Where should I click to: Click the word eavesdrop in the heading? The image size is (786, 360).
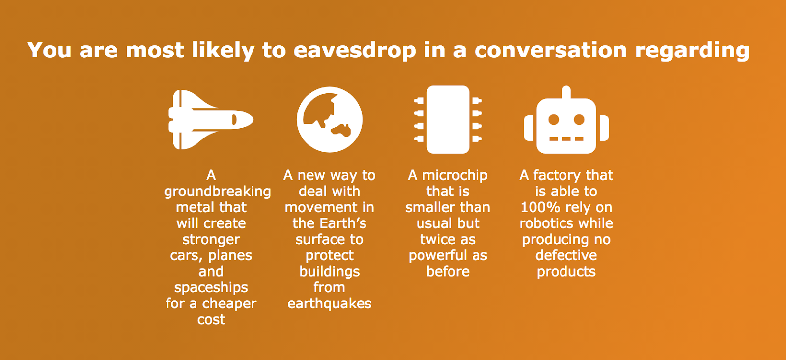pos(354,51)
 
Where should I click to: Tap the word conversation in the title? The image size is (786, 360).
pos(551,50)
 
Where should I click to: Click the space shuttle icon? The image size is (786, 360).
pos(211,120)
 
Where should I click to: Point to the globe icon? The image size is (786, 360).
pos(330,120)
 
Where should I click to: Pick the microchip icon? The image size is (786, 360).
pos(448,120)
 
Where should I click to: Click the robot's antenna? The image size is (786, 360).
pos(566,92)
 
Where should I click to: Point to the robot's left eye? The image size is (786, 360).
pos(554,119)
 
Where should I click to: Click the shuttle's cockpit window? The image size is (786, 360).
pos(234,120)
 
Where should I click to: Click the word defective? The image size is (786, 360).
pos(566,255)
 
